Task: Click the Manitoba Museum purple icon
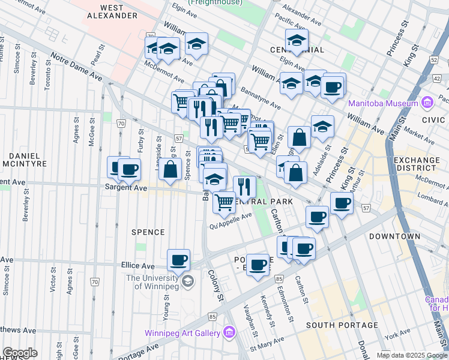(426, 103)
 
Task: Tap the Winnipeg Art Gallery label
(182, 333)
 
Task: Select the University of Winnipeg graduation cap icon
(188, 281)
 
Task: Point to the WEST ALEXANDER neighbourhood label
(112, 11)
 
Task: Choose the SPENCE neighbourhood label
(148, 232)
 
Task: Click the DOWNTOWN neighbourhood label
(394, 236)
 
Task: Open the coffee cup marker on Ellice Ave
(178, 260)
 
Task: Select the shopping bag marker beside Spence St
(171, 169)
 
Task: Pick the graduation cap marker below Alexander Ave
(297, 40)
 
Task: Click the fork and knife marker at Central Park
(244, 187)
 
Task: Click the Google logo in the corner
(20, 353)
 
